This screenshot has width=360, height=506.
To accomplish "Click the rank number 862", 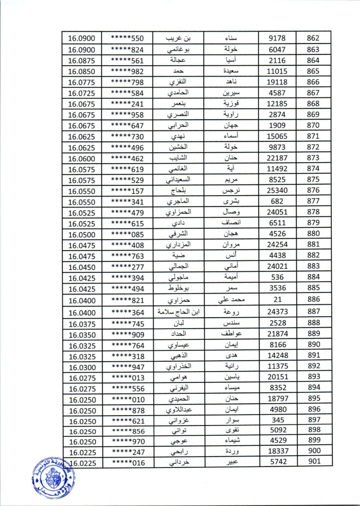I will click(x=313, y=38).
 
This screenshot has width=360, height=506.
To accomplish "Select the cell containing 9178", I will click(x=277, y=38).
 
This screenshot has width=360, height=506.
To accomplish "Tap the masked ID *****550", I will click(x=127, y=38).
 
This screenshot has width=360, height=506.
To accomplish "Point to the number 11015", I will click(x=277, y=71).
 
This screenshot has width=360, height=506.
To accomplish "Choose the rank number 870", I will click(x=313, y=125).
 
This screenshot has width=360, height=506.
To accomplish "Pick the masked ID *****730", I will click(x=127, y=136).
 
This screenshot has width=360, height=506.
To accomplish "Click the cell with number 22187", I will click(x=277, y=158).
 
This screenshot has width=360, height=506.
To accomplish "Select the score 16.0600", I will click(x=81, y=158).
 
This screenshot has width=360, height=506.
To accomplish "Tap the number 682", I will click(x=277, y=201).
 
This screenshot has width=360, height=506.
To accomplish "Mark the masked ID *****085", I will click(x=127, y=234).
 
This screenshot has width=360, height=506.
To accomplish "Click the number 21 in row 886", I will click(x=277, y=299).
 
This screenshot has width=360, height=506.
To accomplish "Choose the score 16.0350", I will click(x=82, y=334).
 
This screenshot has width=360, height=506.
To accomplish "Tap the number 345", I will click(x=277, y=420).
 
